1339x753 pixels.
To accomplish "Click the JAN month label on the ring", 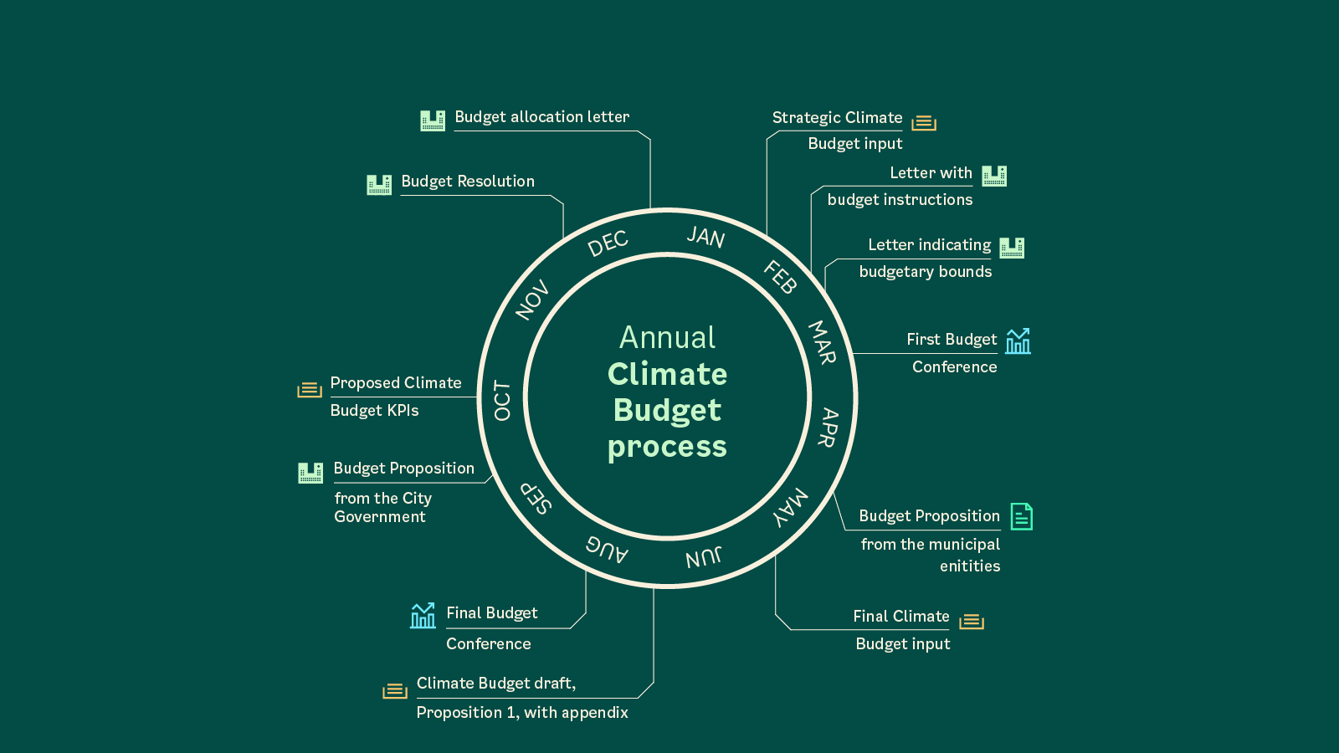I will (705, 238).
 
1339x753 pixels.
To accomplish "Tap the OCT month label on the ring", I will (502, 400).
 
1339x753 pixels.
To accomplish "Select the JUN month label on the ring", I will (703, 557).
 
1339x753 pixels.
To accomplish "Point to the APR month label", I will (828, 427).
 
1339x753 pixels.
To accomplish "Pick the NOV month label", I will (532, 300).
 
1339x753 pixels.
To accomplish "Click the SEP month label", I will (536, 497).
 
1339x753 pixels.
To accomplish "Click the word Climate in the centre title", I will (667, 374).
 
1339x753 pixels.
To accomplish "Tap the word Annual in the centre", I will (667, 337).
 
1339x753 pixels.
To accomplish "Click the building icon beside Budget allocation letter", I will (433, 120).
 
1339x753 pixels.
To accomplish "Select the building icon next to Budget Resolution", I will (379, 184).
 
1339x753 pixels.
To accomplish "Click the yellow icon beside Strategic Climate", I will (924, 123).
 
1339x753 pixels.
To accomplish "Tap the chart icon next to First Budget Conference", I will (1018, 341).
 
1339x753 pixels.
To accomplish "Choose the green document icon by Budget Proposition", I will (1021, 517).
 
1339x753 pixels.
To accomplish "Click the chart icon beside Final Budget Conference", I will (423, 616).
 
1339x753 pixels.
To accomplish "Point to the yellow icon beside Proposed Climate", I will (310, 390).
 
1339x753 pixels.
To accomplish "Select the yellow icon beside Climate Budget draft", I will (395, 691).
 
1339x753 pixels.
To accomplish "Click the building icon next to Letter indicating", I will (1012, 248).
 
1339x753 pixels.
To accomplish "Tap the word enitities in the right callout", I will (970, 566).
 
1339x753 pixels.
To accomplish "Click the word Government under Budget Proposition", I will (380, 517).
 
